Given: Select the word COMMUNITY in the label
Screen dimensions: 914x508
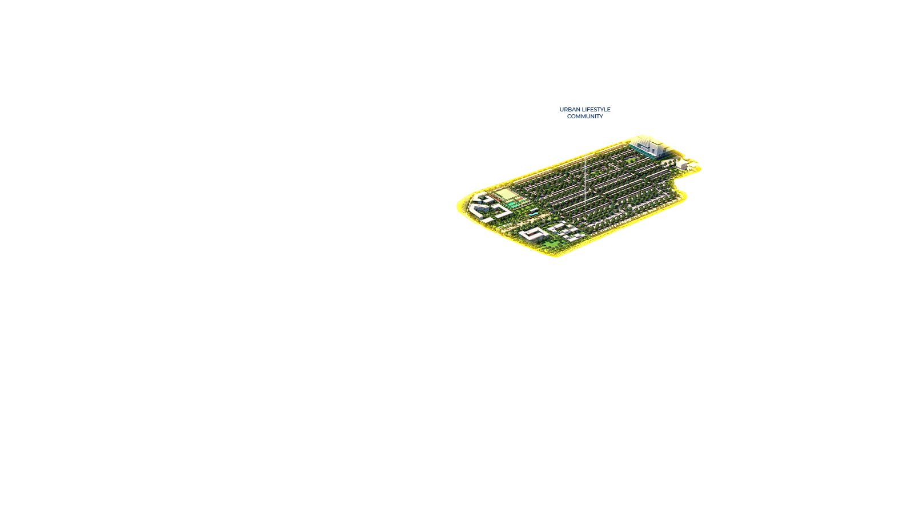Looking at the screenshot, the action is click(585, 117).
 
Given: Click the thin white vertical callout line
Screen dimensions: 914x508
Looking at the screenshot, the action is click(585, 178).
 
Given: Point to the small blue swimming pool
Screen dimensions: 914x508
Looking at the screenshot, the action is click(532, 213).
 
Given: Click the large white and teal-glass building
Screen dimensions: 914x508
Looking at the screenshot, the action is click(649, 146).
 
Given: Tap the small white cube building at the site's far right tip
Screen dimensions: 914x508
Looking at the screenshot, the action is click(682, 165).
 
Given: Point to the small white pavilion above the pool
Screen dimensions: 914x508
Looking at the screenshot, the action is click(534, 210).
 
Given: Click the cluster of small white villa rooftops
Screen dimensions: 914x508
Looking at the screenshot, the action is click(565, 231).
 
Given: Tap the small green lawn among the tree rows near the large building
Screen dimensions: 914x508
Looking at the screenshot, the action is click(631, 160).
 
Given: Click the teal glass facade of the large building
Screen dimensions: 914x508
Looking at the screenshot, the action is click(643, 152).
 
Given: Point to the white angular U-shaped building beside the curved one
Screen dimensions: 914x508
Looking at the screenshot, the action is click(502, 210).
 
